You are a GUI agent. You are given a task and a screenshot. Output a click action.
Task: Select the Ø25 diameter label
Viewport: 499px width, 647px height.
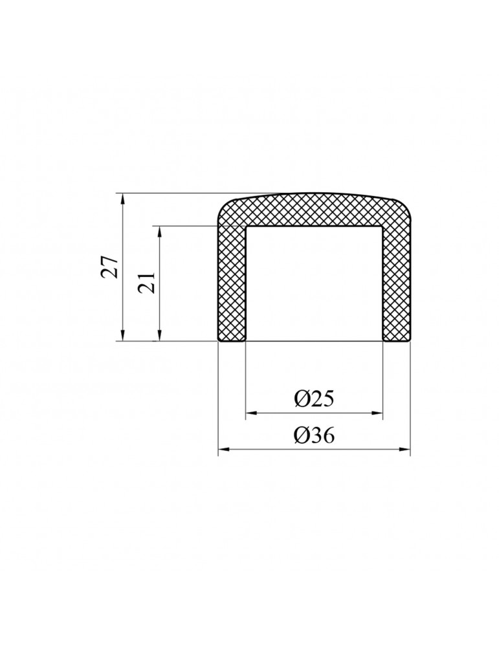pos(314,399)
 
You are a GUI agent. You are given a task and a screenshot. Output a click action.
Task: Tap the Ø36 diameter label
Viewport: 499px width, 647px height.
pos(314,435)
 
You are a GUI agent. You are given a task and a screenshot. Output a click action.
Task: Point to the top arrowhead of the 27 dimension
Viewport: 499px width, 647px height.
pos(122,199)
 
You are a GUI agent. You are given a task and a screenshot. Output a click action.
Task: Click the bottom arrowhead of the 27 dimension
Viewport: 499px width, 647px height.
pos(122,335)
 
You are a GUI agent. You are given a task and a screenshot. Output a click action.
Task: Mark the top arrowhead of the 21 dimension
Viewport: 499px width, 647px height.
pos(159,232)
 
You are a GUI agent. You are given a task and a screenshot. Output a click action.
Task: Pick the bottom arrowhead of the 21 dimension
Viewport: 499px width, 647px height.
pos(159,335)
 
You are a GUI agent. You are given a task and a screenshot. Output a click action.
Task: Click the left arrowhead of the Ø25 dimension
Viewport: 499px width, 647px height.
pos(251,413)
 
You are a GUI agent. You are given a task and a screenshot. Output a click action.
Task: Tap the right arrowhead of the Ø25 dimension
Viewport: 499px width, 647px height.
pos(377,413)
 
